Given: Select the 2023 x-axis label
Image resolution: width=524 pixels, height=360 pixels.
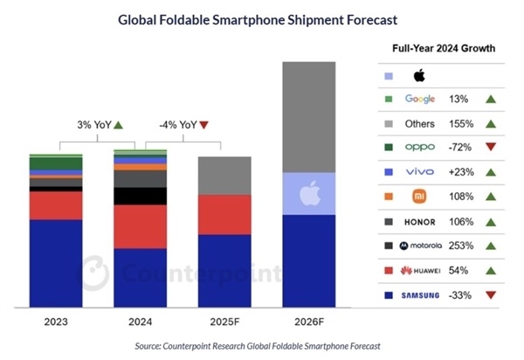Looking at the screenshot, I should (x=56, y=321).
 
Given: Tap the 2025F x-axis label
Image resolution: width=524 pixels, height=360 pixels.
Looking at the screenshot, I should (x=224, y=321).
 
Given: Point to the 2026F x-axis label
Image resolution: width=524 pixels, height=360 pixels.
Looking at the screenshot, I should (x=309, y=321).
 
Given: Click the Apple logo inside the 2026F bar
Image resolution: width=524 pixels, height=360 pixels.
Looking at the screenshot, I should (x=309, y=192).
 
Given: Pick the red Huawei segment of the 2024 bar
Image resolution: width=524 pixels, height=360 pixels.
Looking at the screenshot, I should (x=141, y=226).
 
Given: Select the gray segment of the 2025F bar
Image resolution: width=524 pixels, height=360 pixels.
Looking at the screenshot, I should (x=224, y=176).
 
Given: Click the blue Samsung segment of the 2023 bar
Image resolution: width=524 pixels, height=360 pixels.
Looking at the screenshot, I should (x=56, y=263).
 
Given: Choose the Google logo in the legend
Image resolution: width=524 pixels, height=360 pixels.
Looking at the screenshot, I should (x=420, y=99).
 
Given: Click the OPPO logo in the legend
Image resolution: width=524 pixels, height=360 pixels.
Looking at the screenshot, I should (x=420, y=148).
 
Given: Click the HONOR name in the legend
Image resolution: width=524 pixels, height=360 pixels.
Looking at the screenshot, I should (x=420, y=221).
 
